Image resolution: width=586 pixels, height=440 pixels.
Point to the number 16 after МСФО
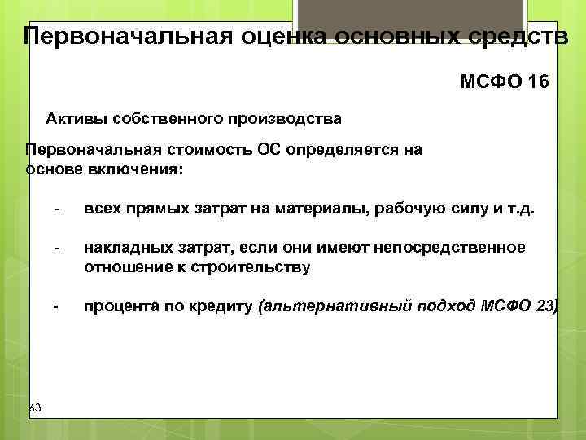539,82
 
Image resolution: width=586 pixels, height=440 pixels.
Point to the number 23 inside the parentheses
546,306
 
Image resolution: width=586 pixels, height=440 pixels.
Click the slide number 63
35,406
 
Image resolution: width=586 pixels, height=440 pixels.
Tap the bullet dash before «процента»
55,306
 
